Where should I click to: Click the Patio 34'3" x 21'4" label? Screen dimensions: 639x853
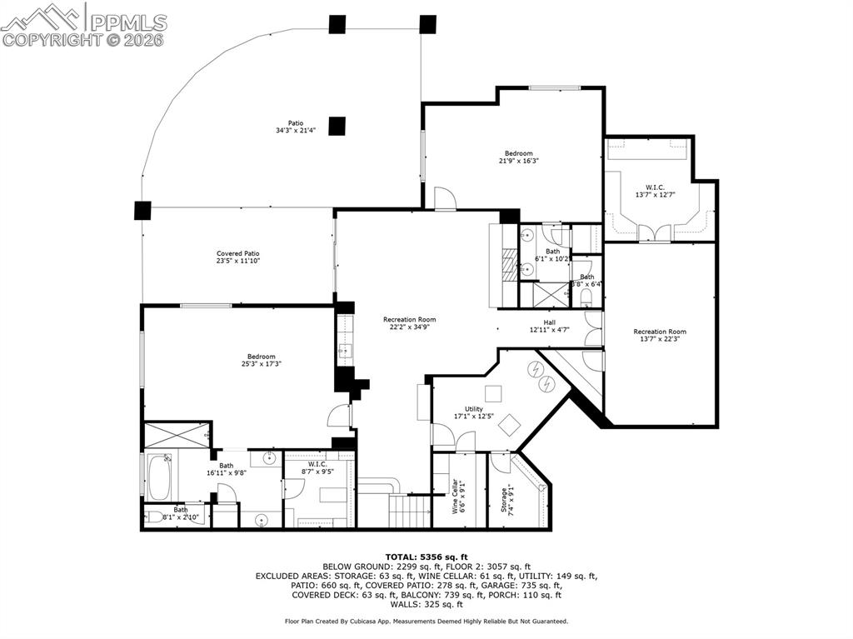pyautogui.click(x=289, y=127)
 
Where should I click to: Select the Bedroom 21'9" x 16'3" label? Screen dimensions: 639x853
pyautogui.click(x=517, y=157)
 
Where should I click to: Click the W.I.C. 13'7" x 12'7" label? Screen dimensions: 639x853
pyautogui.click(x=660, y=191)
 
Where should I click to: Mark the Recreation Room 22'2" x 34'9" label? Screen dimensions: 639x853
pyautogui.click(x=409, y=323)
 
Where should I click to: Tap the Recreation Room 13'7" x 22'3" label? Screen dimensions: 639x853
pyautogui.click(x=660, y=335)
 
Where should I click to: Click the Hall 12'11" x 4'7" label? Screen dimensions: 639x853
pyautogui.click(x=550, y=327)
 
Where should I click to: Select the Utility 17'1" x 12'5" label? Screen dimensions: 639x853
pyautogui.click(x=474, y=412)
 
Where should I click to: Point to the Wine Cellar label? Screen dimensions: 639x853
pyautogui.click(x=458, y=497)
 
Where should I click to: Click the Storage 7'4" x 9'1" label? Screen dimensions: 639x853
pyautogui.click(x=507, y=502)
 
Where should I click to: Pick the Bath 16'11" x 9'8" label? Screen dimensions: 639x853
pyautogui.click(x=227, y=470)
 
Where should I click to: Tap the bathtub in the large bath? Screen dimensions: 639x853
pyautogui.click(x=158, y=476)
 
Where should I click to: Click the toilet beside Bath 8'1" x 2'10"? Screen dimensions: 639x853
pyautogui.click(x=154, y=517)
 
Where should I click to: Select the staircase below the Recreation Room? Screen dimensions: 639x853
pyautogui.click(x=409, y=509)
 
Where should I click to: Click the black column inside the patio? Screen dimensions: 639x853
pyautogui.click(x=337, y=126)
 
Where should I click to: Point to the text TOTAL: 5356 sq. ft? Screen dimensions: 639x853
pyautogui.click(x=426, y=557)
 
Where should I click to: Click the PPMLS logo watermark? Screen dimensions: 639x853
pyautogui.click(x=84, y=24)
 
